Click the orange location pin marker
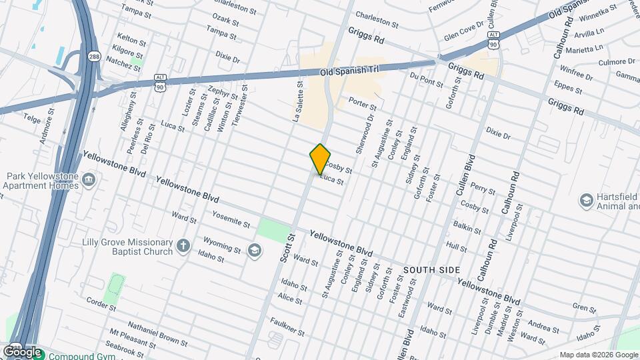[320, 159]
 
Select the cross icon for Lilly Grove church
[183, 247]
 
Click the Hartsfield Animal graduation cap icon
[587, 201]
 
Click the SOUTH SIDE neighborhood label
[431, 269]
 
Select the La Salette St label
[298, 101]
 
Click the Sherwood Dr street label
[367, 133]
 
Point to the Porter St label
[363, 104]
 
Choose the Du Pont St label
[427, 80]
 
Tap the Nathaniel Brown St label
[157, 335]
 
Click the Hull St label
[457, 247]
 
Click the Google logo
[21, 351]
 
